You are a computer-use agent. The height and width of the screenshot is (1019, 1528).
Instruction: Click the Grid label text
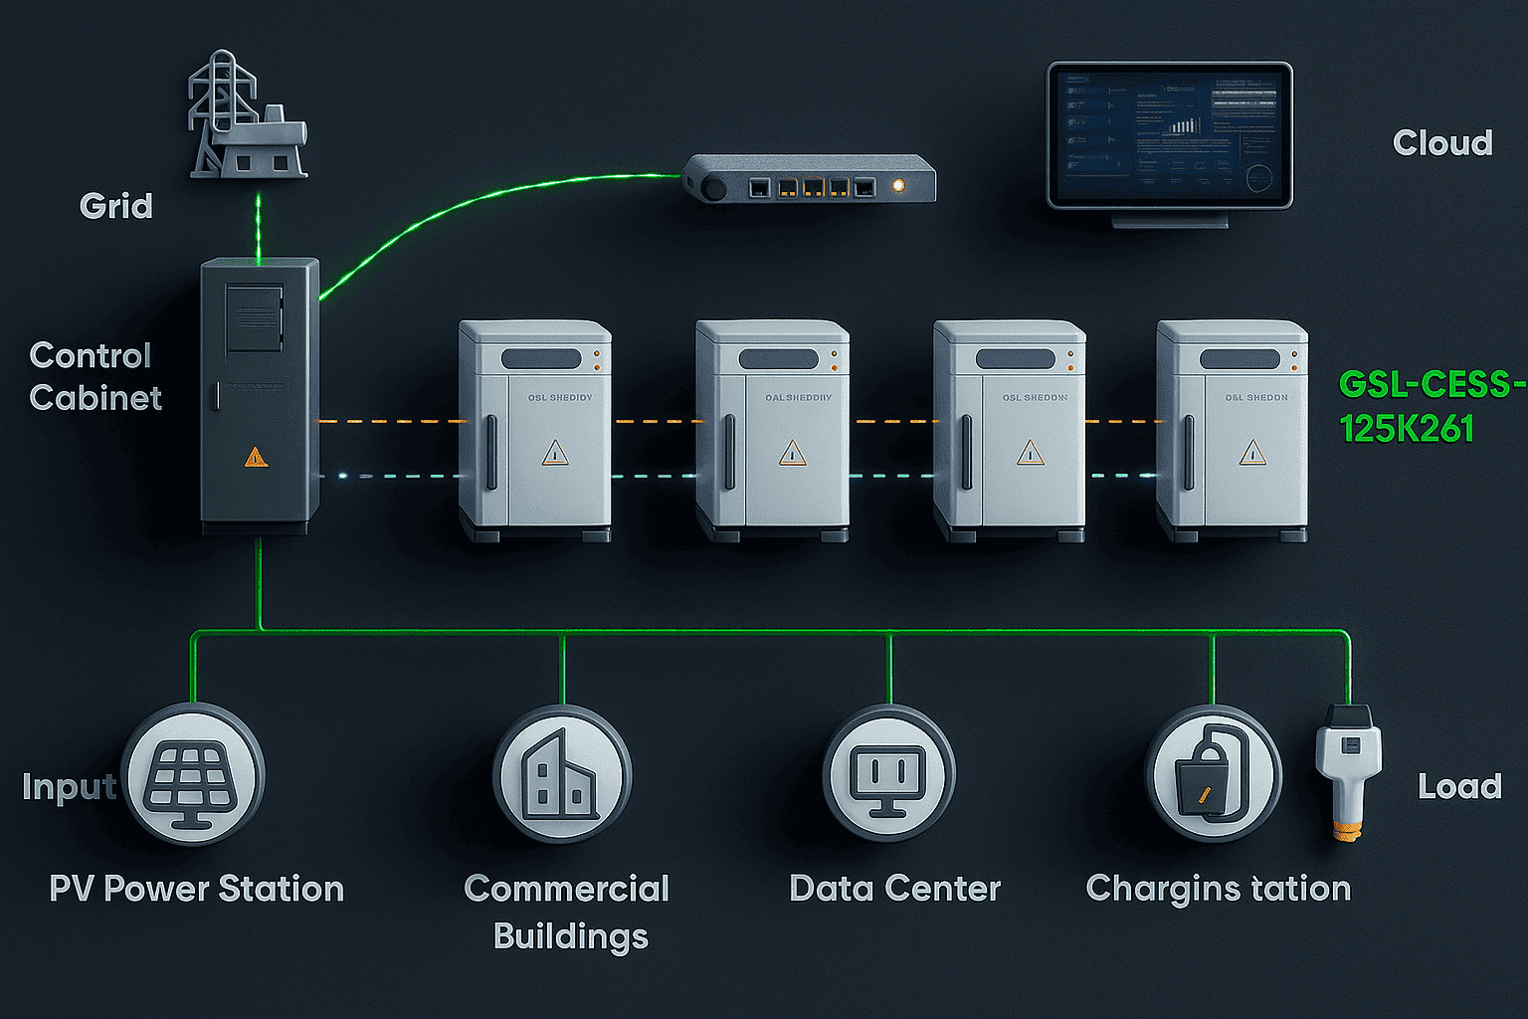tap(116, 206)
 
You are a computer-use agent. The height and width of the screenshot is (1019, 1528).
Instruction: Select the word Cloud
tap(1442, 143)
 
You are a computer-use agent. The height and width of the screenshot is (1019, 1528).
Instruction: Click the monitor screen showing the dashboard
tap(1169, 134)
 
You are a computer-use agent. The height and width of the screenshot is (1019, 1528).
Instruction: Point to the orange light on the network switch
tap(899, 185)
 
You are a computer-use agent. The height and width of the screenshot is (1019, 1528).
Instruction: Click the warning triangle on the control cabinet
tap(256, 457)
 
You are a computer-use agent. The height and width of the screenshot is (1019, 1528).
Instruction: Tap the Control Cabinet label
tap(95, 376)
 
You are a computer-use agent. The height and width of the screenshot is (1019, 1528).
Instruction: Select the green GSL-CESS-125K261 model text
tap(1431, 406)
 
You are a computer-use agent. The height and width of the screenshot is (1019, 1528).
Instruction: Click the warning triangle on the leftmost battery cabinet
tap(555, 453)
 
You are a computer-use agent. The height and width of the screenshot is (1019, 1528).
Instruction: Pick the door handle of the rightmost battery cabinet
tap(1189, 453)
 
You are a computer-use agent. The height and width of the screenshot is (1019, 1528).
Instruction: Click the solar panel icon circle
tap(192, 774)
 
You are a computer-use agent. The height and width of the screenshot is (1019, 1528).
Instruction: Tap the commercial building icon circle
tap(562, 774)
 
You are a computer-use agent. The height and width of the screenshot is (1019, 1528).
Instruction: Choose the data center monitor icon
tap(889, 774)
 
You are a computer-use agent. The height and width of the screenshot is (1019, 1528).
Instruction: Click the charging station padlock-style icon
tap(1212, 774)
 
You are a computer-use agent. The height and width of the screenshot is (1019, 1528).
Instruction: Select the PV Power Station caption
tap(196, 889)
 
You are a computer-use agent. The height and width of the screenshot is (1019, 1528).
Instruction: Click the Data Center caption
tap(894, 889)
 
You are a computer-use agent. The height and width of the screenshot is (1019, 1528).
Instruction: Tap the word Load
tap(1459, 787)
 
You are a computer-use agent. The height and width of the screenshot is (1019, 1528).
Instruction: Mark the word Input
tap(69, 787)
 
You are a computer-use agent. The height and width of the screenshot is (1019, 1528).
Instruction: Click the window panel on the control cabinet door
tap(255, 317)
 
